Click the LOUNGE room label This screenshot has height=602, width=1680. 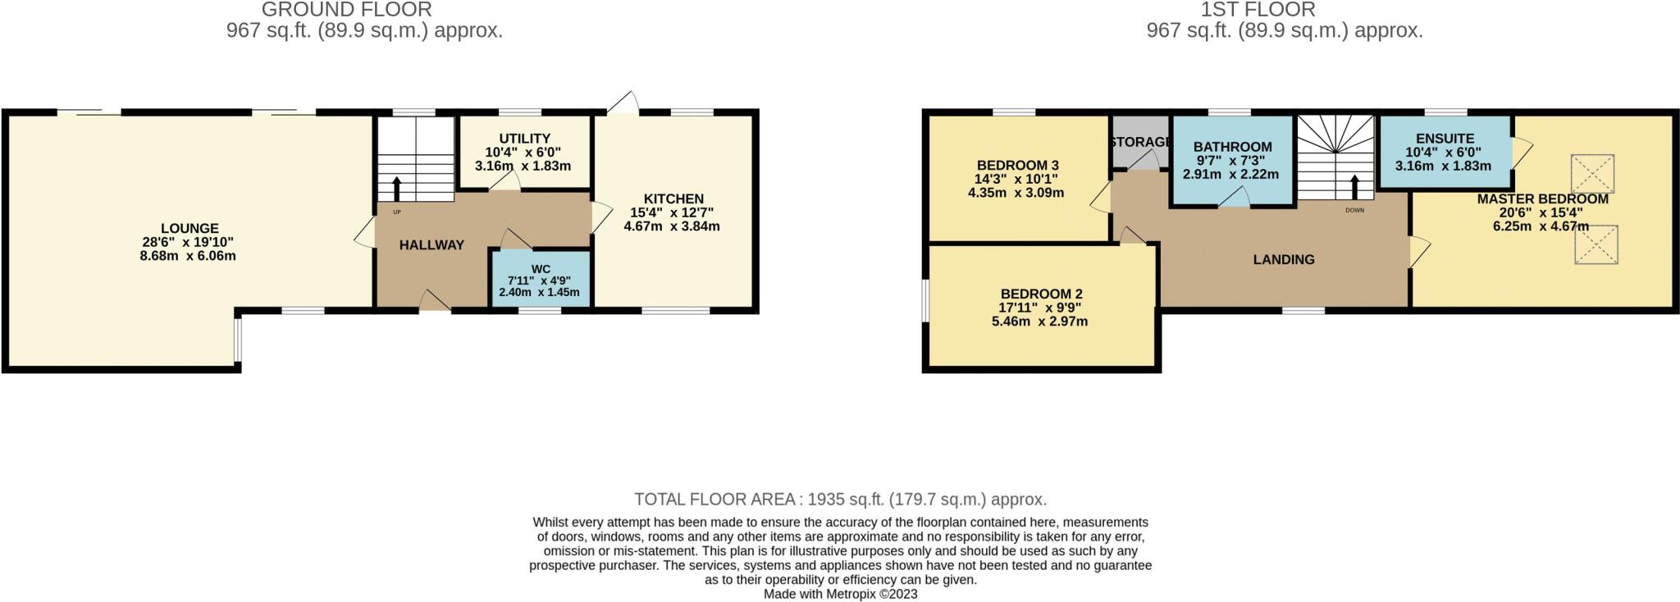pos(189,229)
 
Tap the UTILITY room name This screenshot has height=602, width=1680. pos(524,139)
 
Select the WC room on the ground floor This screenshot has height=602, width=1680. pos(541,280)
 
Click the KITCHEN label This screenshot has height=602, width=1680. pos(673,198)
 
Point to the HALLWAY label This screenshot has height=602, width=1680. pos(431,244)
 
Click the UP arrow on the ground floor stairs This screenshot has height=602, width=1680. pos(397,189)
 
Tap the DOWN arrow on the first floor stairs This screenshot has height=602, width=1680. pos(1354,188)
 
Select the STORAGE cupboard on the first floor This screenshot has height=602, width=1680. pos(1139,143)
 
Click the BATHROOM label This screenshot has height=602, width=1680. pos(1232,147)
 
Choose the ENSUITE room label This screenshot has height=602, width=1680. pos(1445,139)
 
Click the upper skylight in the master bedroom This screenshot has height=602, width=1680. pos(1592,174)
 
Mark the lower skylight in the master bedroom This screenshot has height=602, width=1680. pos(1596,245)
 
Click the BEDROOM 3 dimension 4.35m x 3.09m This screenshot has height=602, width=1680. pos(1016,193)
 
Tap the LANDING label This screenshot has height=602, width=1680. pos(1283,259)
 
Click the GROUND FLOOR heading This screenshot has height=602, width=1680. pos(346,10)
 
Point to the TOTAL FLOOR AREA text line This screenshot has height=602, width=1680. pos(840,499)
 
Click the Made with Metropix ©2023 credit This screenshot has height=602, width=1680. pos(840,594)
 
